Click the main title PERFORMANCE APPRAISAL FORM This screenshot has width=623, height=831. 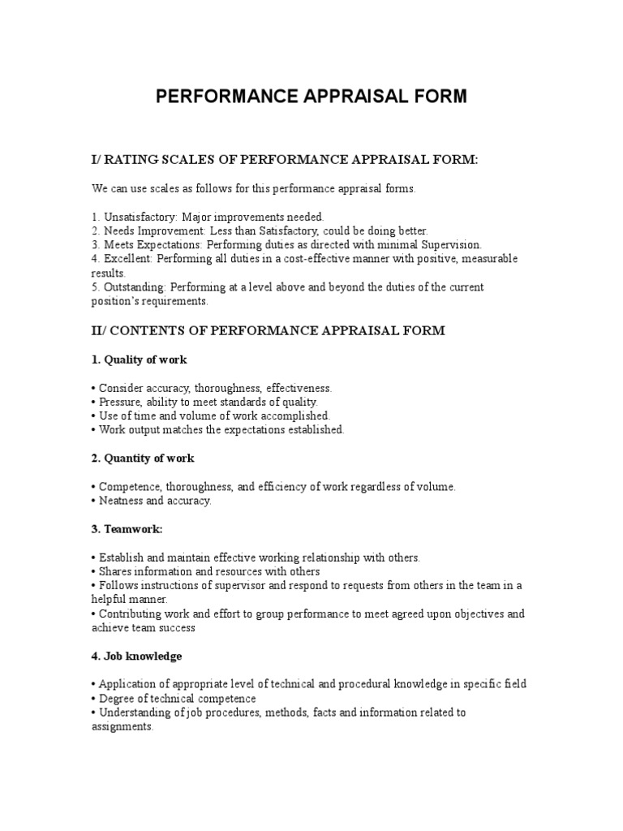[x=311, y=97]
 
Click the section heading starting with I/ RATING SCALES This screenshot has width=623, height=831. [x=285, y=160]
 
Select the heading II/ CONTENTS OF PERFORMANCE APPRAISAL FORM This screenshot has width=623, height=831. [x=269, y=330]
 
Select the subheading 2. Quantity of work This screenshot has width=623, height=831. [x=143, y=459]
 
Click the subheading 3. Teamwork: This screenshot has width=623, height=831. [x=127, y=529]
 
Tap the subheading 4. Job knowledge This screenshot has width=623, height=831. [x=136, y=656]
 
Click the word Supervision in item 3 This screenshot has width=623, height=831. [x=451, y=244]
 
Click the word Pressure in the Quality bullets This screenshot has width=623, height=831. [x=118, y=402]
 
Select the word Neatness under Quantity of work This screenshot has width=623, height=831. [x=120, y=501]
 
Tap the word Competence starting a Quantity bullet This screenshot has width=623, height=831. [x=127, y=487]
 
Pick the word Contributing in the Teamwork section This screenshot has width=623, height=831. [x=131, y=614]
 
